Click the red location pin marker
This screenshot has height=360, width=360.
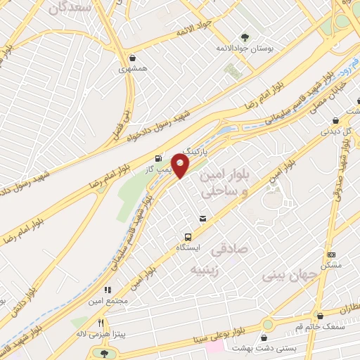point(181,167)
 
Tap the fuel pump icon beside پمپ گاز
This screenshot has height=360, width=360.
point(157,157)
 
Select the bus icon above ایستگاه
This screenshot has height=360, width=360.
point(188,237)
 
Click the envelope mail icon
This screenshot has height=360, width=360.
point(203,219)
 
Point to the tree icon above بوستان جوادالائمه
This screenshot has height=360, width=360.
point(245,37)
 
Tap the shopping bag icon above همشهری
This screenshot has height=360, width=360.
point(133,58)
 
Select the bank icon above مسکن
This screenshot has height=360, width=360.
point(333,255)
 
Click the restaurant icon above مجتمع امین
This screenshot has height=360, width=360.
point(108,290)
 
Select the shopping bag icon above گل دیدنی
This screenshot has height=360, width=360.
point(335,120)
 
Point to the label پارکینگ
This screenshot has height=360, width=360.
point(196,150)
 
